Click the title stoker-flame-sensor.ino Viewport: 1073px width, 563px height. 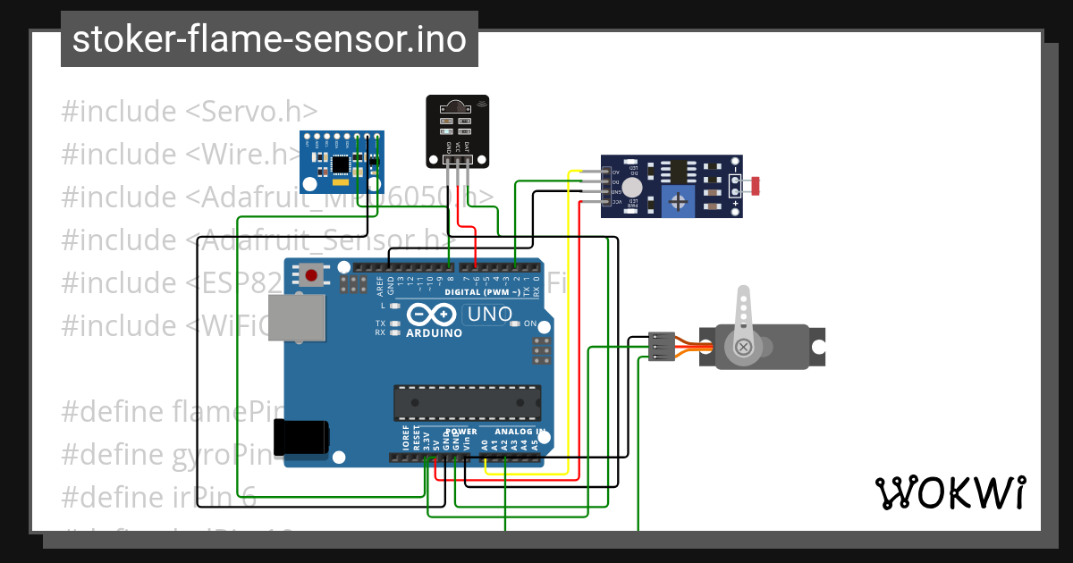(269, 39)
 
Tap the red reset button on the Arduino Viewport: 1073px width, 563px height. (311, 275)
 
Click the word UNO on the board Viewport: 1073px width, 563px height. (489, 314)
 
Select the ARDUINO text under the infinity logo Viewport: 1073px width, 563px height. (434, 332)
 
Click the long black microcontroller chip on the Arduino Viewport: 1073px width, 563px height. (468, 402)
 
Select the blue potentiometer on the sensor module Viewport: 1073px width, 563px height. (679, 201)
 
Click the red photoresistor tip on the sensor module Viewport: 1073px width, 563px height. (756, 187)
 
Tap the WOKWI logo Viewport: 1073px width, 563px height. (950, 492)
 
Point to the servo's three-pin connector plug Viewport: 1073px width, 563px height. (662, 347)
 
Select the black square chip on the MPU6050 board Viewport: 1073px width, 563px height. (341, 164)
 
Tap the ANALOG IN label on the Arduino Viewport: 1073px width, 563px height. (517, 432)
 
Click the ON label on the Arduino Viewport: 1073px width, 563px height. (529, 324)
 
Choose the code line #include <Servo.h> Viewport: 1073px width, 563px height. (190, 112)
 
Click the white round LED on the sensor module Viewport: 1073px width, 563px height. (632, 187)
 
